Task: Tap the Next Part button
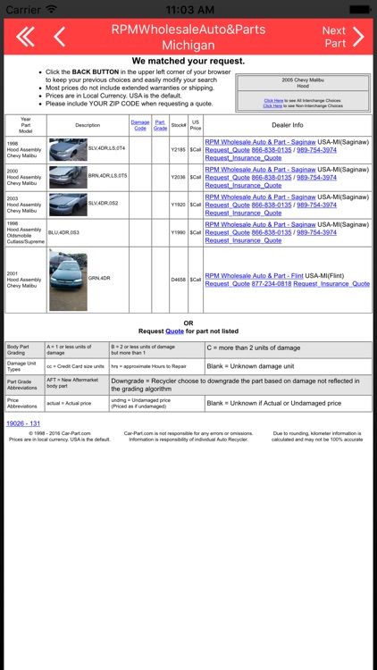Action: coord(343,37)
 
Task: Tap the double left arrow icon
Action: coord(25,37)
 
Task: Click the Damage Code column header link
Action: coord(140,125)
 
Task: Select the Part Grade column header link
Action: coord(160,125)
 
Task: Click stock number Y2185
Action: coord(178,148)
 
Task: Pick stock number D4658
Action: coord(178,280)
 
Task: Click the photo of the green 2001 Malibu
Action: coord(68,280)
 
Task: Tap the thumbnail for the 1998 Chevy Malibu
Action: coord(68,148)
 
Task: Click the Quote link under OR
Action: coord(174,331)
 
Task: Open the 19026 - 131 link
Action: coord(23,423)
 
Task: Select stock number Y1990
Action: coord(178,232)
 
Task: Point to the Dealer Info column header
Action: coord(287,125)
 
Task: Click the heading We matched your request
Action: coord(188,61)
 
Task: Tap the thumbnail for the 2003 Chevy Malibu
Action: coord(68,205)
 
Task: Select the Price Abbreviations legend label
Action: coord(22,403)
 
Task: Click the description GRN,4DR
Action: coord(99,279)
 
